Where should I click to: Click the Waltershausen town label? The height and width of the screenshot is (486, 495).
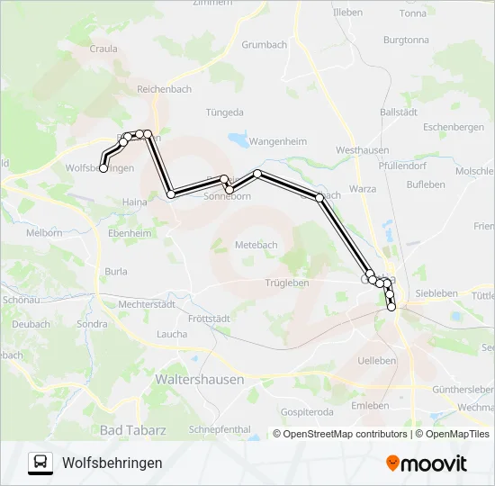(x=200, y=380)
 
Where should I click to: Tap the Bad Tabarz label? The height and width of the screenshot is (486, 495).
(x=133, y=430)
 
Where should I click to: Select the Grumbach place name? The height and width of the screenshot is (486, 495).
(x=263, y=43)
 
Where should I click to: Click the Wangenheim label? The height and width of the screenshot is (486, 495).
(x=278, y=142)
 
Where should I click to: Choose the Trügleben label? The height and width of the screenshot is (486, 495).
(x=287, y=283)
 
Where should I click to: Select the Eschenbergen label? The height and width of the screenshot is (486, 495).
(x=454, y=128)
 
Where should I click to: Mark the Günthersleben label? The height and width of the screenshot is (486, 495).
(x=463, y=389)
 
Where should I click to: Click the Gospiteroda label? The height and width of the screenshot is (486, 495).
(x=307, y=411)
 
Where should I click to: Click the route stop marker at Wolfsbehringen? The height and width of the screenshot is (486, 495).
(x=103, y=168)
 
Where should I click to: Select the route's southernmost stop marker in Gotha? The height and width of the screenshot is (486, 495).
(x=391, y=308)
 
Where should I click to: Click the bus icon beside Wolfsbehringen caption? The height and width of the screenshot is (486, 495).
(x=40, y=463)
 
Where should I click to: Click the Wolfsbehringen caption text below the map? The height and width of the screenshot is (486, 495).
(x=112, y=463)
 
